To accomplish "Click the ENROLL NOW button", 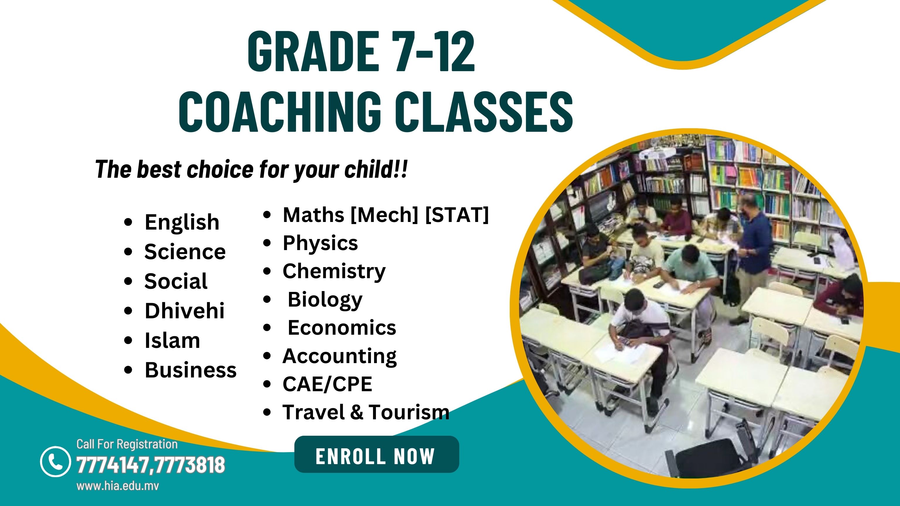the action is (377, 454).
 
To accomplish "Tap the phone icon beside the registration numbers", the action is (55, 461).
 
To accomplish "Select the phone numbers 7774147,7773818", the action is (150, 465).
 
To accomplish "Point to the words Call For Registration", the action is (127, 444).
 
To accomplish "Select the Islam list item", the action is (172, 340).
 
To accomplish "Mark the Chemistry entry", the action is (334, 271).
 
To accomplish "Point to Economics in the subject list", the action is (342, 327).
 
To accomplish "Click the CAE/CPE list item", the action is (327, 384).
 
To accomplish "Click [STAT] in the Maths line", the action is (457, 215).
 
